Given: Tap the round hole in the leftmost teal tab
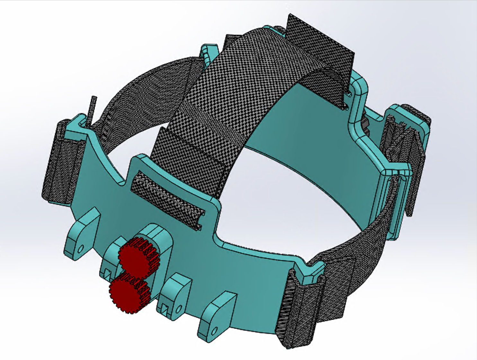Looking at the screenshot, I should [81, 248].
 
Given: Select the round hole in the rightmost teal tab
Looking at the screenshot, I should [215, 329].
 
